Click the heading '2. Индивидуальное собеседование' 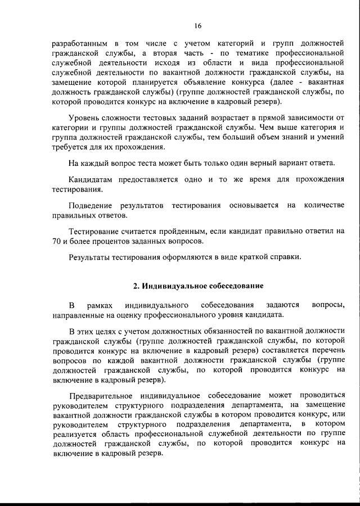click(x=197, y=286)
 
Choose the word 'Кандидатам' click(x=90, y=180)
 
